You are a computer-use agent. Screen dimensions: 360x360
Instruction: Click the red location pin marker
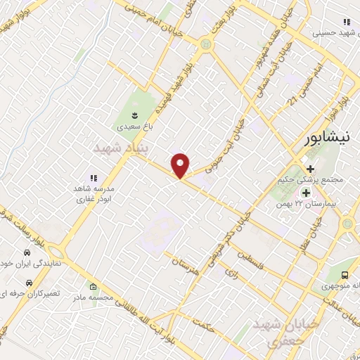tap(181, 165)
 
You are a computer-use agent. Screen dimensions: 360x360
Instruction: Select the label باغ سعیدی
tap(134, 128)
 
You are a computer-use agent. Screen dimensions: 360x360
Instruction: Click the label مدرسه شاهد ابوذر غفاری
tap(94, 194)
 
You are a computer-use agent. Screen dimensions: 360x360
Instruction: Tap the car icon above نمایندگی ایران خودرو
tap(26, 252)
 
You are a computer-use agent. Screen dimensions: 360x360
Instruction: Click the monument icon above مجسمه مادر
tap(94, 286)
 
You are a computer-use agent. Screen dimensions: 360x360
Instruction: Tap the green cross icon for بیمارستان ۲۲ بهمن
tap(306, 191)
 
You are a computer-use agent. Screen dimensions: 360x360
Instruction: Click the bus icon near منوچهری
tap(345, 275)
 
